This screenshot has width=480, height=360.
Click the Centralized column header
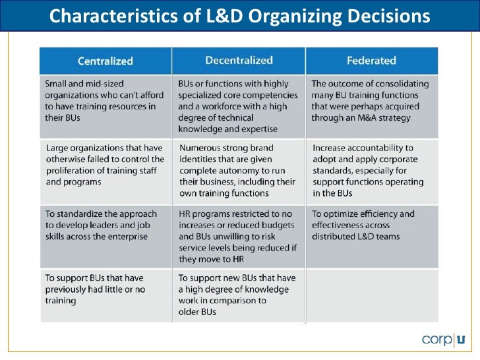(105, 61)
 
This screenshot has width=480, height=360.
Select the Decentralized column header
(238, 61)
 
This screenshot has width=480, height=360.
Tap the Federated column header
(371, 61)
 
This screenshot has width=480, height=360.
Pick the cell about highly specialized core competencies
(238, 106)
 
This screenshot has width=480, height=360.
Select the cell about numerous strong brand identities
(238, 171)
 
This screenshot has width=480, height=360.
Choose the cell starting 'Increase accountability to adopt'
(371, 171)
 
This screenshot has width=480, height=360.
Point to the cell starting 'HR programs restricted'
(238, 236)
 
